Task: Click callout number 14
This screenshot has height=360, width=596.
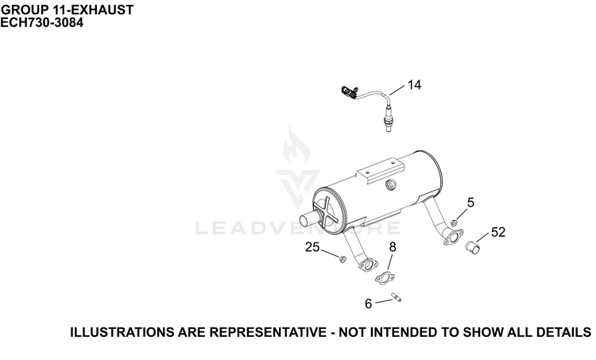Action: coord(414,85)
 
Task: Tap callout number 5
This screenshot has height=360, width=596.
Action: coord(470,203)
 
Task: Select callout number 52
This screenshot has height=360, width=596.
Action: coord(498,232)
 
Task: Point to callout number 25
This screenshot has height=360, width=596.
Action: coord(312,247)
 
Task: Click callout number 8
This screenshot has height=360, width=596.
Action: coord(393,247)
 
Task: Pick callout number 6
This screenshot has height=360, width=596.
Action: coord(368,304)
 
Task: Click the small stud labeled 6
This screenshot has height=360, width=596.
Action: coord(397,297)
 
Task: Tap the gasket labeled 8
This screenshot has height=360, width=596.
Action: coord(385,278)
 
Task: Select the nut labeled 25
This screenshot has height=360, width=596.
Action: coord(343,259)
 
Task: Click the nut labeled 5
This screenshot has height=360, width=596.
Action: coord(454,223)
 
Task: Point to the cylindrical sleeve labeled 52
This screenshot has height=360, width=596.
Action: coord(473,247)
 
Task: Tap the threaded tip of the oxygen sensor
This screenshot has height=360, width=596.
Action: coord(387,126)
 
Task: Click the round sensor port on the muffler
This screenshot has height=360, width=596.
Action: coord(391,185)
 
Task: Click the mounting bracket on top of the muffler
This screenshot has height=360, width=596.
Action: coord(380,171)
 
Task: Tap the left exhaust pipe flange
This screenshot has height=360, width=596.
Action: coord(368,265)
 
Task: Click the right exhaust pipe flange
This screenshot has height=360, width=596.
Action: coord(454,237)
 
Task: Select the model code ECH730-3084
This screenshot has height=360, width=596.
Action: coord(42,23)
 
